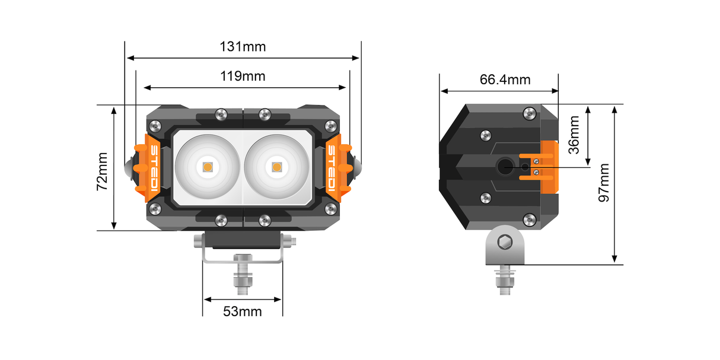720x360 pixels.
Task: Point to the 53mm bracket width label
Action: point(242,311)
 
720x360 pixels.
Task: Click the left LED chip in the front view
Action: point(208,167)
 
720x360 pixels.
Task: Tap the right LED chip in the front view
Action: point(277,167)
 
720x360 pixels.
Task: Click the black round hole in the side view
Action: point(506,167)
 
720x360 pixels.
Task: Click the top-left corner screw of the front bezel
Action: point(155,126)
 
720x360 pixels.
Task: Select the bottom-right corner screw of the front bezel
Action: point(330,208)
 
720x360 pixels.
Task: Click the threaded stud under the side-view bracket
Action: point(505,282)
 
